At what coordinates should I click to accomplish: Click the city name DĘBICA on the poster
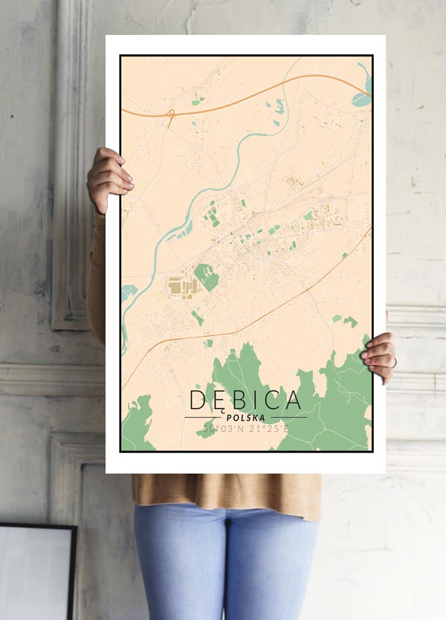[246, 400]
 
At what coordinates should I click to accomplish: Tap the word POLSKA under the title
[245, 418]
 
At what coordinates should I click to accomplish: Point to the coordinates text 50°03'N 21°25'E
[246, 430]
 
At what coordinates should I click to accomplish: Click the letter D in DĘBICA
[198, 400]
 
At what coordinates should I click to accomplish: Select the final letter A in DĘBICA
[292, 400]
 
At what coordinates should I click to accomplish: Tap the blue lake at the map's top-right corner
[363, 97]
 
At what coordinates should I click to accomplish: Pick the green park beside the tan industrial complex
[207, 277]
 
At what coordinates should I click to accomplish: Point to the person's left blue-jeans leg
[175, 565]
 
